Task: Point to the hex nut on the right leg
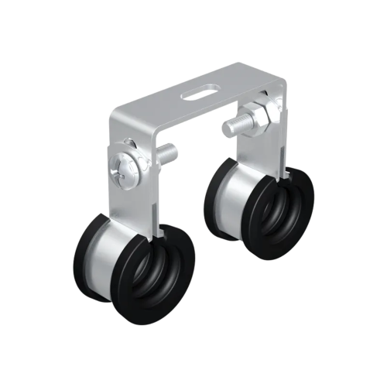tap(258, 118)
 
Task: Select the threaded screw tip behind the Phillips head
tap(167, 152)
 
